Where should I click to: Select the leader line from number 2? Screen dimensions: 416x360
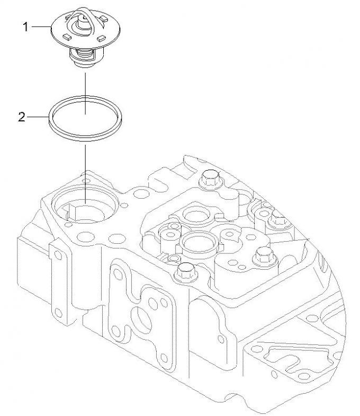tap(38, 118)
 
